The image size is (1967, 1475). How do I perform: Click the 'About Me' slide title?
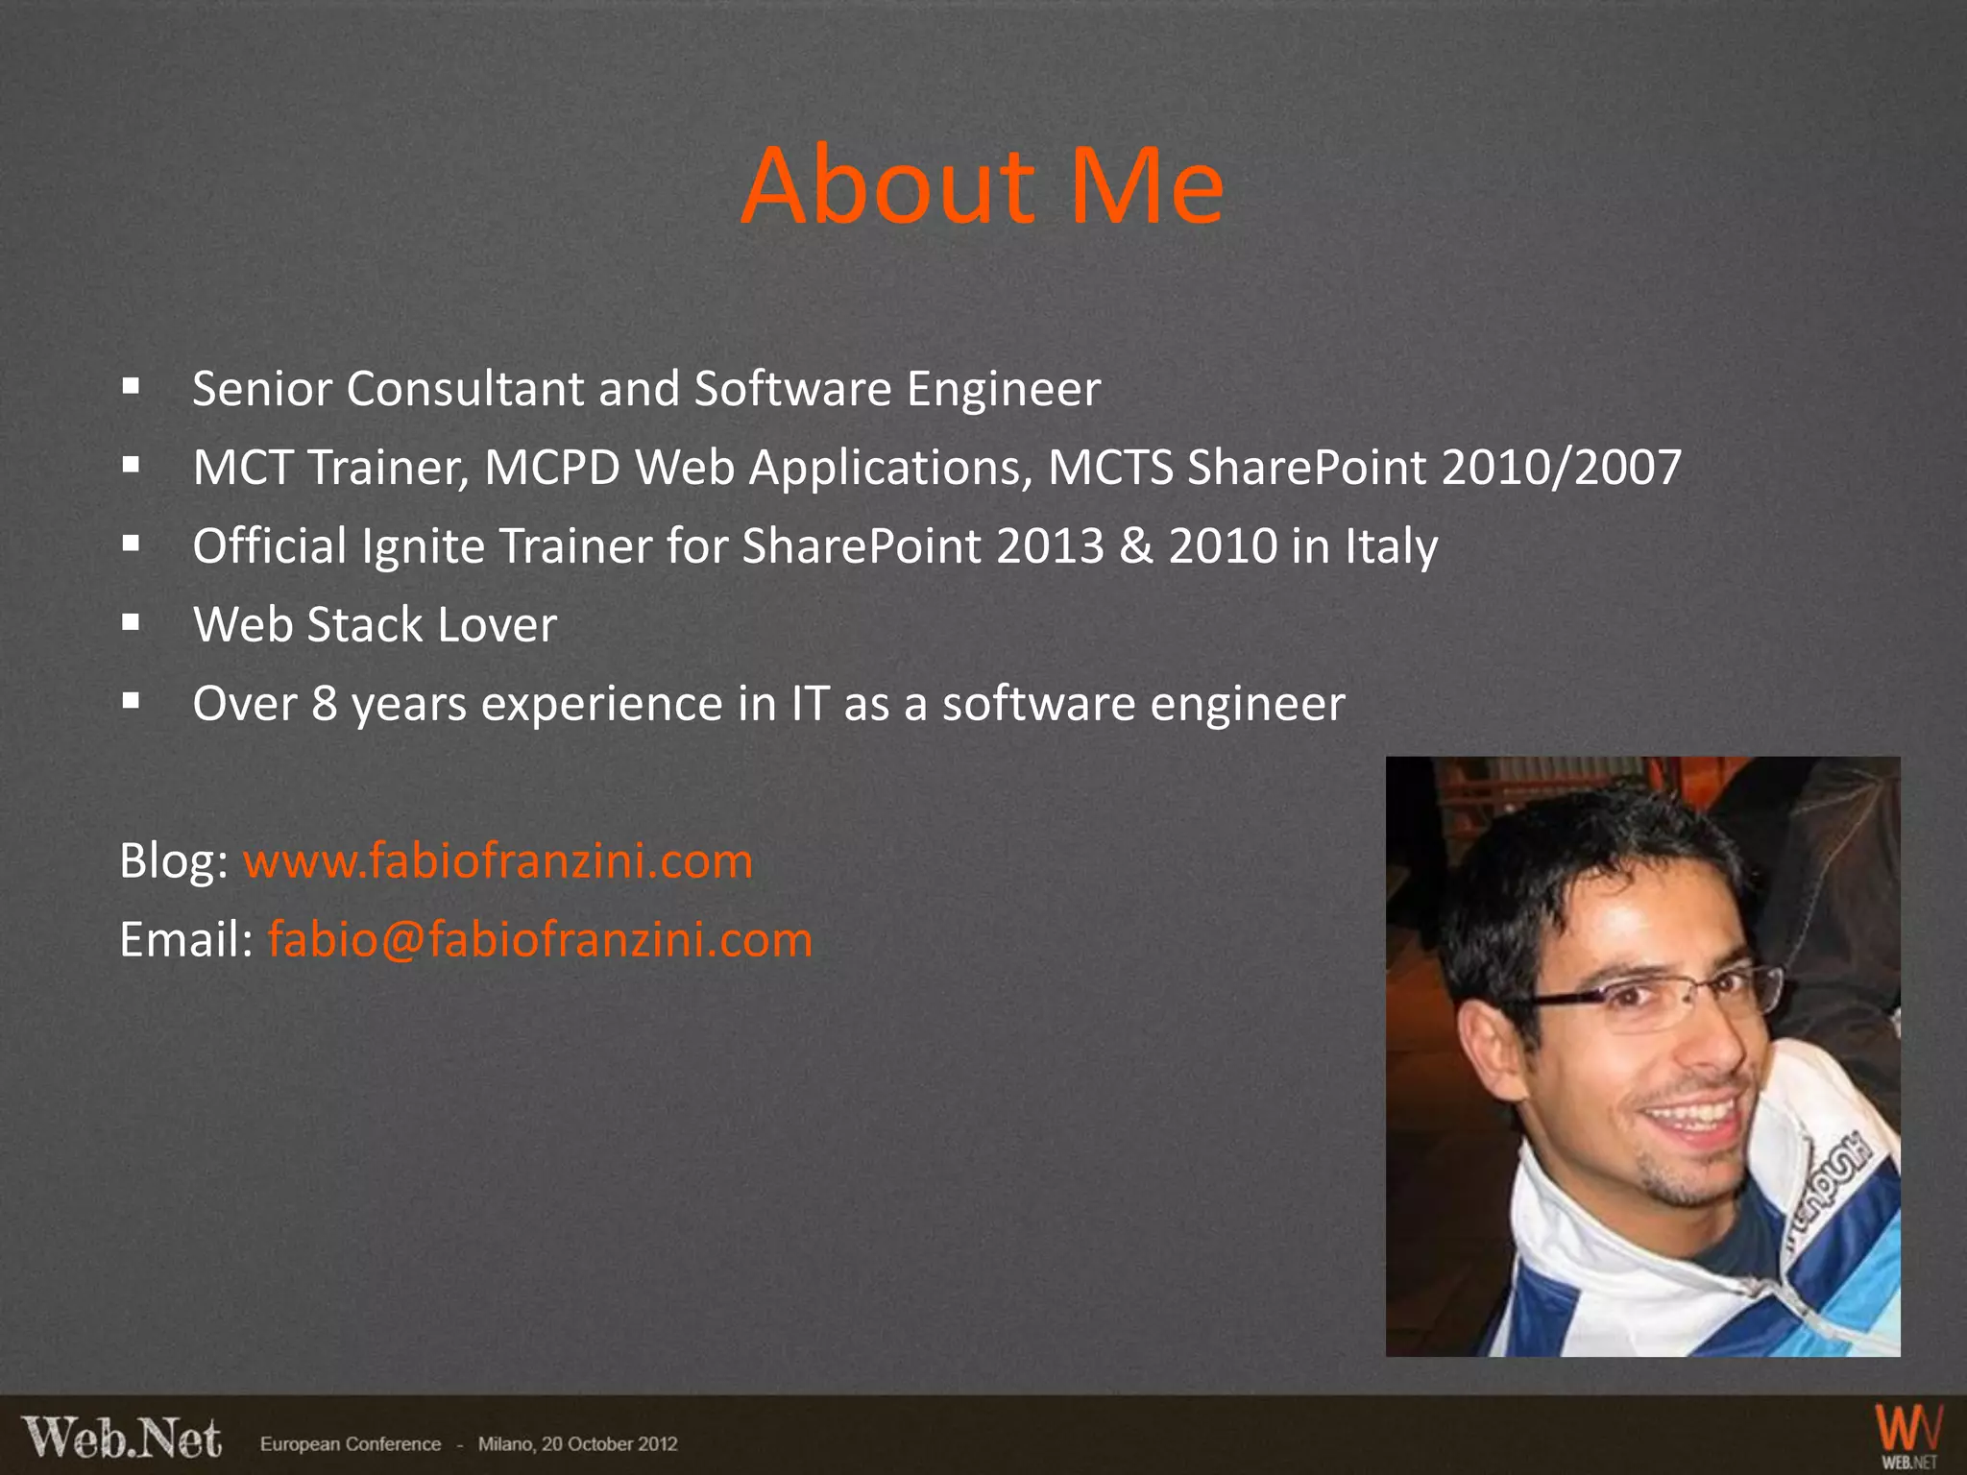tap(983, 185)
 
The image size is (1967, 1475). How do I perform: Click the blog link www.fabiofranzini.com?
tap(498, 860)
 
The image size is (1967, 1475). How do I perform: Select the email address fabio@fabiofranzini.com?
tap(540, 939)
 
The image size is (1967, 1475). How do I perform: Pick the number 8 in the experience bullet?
tap(325, 704)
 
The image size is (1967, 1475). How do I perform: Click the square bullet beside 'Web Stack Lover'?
tap(132, 623)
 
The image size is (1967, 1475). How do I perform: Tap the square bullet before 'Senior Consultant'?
tap(132, 387)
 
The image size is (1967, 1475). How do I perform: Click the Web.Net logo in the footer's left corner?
tap(122, 1439)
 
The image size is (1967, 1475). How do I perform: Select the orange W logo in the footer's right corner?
tap(1908, 1431)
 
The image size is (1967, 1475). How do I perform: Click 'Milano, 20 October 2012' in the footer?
tap(577, 1444)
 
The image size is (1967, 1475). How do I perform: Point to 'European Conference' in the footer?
tap(351, 1444)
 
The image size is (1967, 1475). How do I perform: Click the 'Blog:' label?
tap(173, 860)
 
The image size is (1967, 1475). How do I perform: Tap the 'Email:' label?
tap(185, 939)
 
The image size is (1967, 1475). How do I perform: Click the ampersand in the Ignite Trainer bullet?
tap(1136, 546)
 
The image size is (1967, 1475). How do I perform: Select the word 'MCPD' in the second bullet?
tap(552, 468)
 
